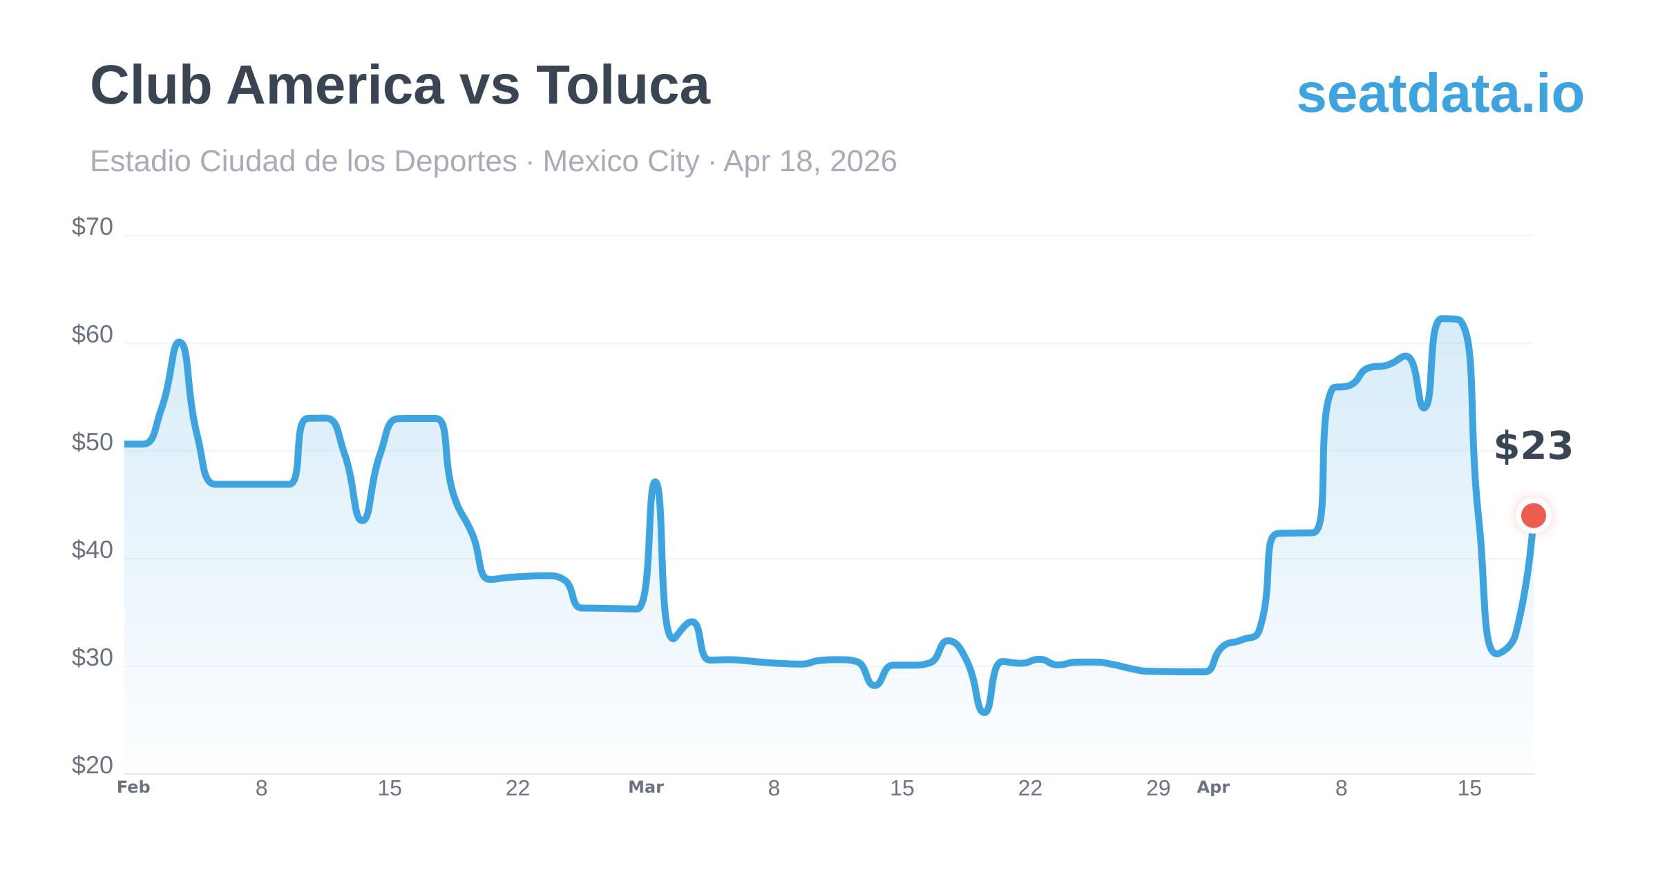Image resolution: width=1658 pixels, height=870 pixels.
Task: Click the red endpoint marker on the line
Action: pyautogui.click(x=1533, y=515)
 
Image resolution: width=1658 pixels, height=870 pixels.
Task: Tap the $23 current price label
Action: pyautogui.click(x=1533, y=446)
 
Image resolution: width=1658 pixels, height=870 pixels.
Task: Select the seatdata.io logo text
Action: pyautogui.click(x=1440, y=93)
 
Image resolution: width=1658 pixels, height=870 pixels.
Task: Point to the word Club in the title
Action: pyautogui.click(x=151, y=86)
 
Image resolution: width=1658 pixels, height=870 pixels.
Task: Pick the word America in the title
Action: pyautogui.click(x=335, y=86)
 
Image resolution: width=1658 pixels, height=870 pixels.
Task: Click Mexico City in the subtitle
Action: pyautogui.click(x=620, y=162)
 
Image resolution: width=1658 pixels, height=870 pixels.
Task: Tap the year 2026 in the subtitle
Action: pyautogui.click(x=863, y=162)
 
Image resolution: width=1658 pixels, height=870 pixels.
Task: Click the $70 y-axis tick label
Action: pyautogui.click(x=92, y=226)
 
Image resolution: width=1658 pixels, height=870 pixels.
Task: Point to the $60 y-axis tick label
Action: pyautogui.click(x=92, y=334)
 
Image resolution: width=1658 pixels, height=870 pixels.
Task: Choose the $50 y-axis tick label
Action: pyautogui.click(x=92, y=442)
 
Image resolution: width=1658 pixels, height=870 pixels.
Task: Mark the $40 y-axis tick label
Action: pyautogui.click(x=92, y=550)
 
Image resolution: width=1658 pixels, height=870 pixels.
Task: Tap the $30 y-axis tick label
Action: pyautogui.click(x=92, y=657)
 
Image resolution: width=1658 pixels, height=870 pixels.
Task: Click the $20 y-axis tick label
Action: pyautogui.click(x=92, y=765)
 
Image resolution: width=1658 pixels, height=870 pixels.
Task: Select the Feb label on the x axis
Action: pyautogui.click(x=133, y=787)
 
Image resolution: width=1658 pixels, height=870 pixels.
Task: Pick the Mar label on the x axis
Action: pyautogui.click(x=646, y=787)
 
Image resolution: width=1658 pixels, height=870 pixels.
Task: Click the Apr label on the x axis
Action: pyautogui.click(x=1213, y=787)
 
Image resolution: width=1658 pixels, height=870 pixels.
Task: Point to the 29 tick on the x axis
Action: pyautogui.click(x=1158, y=788)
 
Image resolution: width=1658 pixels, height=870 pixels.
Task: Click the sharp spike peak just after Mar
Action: pyautogui.click(x=655, y=482)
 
